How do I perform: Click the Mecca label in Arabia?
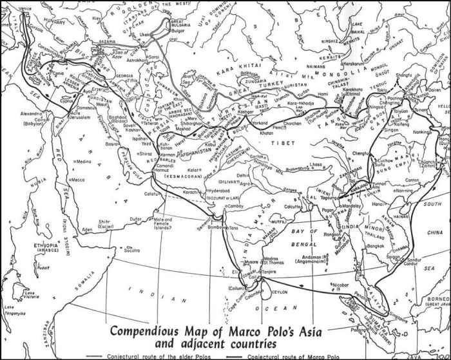pos(80,180)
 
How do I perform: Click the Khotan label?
pos(267,131)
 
